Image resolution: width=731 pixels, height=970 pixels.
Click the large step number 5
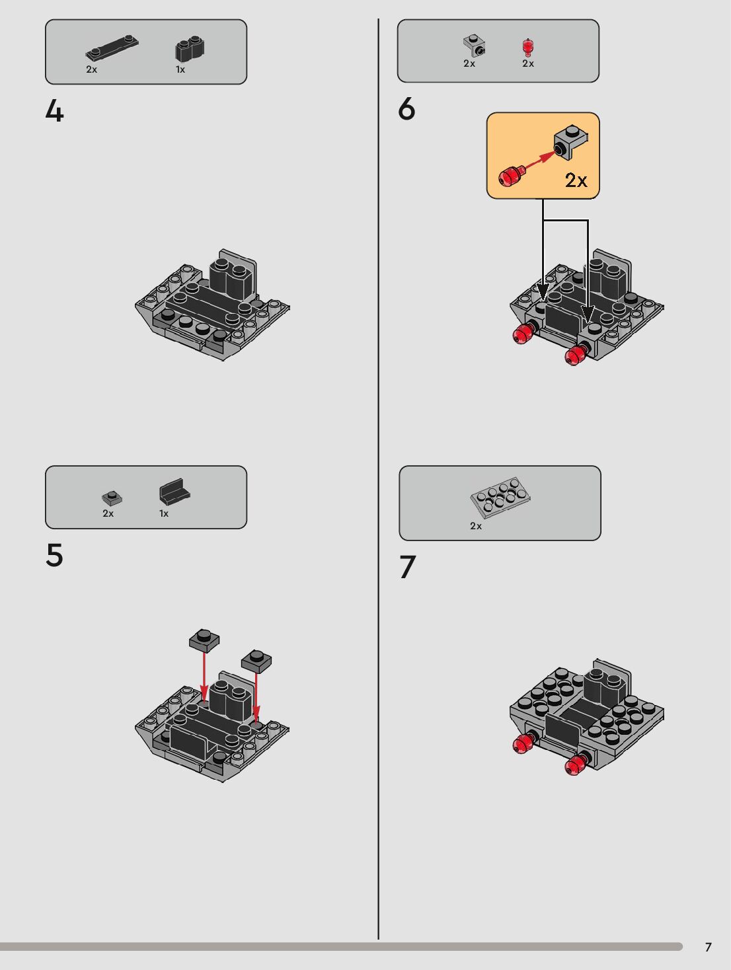pos(55,555)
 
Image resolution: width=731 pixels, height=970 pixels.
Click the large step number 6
pos(406,109)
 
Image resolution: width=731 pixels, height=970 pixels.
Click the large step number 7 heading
pos(408,567)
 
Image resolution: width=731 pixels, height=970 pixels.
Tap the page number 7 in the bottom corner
pos(709,947)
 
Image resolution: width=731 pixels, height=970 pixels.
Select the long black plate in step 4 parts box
pos(112,48)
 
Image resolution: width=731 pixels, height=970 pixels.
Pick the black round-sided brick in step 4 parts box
pos(190,50)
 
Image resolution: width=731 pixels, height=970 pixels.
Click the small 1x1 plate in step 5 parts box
pos(112,498)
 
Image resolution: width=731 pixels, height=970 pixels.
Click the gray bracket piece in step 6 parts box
pos(474,46)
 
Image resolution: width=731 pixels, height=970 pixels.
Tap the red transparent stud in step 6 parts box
pos(527,48)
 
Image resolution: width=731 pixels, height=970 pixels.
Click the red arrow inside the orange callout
pos(539,161)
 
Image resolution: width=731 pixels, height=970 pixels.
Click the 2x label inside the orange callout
pos(576,180)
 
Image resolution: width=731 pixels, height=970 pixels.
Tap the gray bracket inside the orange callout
pos(570,141)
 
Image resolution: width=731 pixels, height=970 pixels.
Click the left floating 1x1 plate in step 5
pos(204,640)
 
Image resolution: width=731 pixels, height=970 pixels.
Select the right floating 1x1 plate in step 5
pos(256,661)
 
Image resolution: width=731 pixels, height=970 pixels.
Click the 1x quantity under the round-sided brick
pos(180,70)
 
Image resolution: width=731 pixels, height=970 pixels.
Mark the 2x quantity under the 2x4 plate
pos(476,526)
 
